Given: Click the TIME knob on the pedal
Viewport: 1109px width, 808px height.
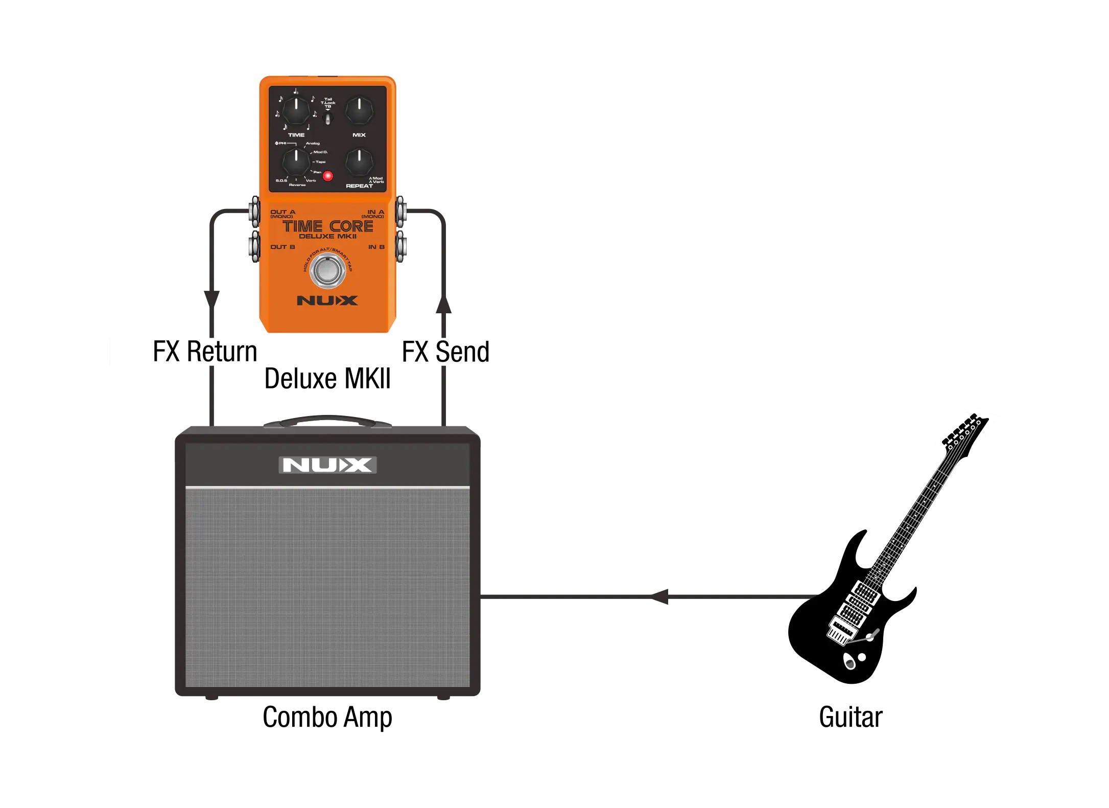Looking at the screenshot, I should click(x=296, y=110).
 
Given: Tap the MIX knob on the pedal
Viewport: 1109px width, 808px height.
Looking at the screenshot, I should click(x=360, y=110).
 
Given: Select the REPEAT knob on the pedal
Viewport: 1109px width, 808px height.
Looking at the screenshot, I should click(x=360, y=161).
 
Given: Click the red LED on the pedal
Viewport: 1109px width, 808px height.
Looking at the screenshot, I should click(x=328, y=176).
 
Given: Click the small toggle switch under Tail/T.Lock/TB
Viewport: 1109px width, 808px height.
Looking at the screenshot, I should click(x=328, y=119).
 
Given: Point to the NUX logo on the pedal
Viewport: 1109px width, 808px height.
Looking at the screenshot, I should click(x=327, y=301).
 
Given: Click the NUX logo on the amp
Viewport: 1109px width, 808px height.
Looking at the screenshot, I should click(x=327, y=465).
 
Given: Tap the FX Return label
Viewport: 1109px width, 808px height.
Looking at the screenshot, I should click(x=205, y=352).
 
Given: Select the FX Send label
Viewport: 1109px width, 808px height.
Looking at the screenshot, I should click(x=445, y=352).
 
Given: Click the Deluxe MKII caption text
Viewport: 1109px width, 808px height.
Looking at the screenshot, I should click(x=327, y=379).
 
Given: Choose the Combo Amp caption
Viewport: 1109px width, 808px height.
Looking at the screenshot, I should click(x=327, y=717).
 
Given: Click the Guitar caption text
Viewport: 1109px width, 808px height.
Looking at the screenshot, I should click(x=851, y=717).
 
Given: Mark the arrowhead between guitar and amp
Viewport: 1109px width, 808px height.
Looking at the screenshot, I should click(x=659, y=596).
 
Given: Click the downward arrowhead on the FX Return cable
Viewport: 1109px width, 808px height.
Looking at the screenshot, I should click(x=212, y=299).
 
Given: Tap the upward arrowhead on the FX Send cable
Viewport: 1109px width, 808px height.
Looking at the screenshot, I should click(x=443, y=304).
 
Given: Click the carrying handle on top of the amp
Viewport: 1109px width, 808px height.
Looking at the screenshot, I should click(x=327, y=421).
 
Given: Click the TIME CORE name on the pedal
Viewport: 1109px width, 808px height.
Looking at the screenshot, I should click(x=327, y=226).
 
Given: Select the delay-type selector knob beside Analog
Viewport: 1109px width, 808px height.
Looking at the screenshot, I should click(x=296, y=161).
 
